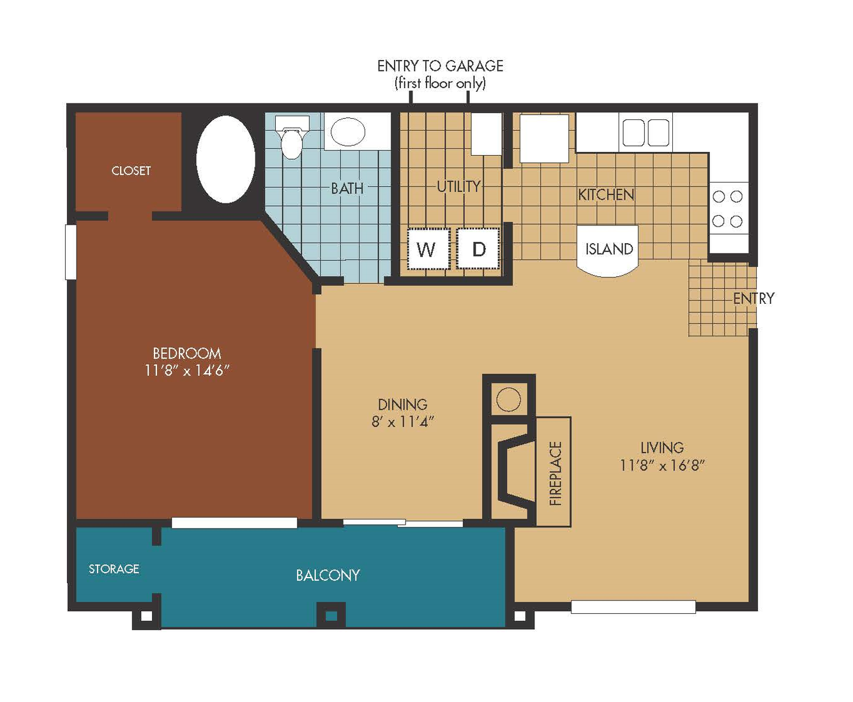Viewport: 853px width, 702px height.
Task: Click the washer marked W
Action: (x=428, y=249)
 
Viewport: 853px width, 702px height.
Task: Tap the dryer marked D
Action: (x=478, y=249)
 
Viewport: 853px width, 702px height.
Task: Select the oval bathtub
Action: (x=225, y=160)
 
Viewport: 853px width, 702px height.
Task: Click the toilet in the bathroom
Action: (x=292, y=137)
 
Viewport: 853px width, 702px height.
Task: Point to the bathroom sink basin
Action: (x=348, y=131)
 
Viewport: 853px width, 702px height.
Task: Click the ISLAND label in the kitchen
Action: (x=609, y=249)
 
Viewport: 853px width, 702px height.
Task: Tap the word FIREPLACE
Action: (x=555, y=473)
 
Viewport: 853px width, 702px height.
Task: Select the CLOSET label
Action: (x=131, y=170)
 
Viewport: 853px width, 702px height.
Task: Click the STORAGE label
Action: (x=114, y=569)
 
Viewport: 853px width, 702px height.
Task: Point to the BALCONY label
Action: (x=328, y=576)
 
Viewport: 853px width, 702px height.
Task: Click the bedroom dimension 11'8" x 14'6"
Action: (x=187, y=370)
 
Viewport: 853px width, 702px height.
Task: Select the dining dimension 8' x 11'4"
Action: (x=402, y=422)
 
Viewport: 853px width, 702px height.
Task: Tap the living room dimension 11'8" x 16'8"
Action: (x=662, y=465)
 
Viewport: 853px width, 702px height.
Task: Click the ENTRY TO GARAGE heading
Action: (x=440, y=66)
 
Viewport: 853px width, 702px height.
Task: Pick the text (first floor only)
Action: (x=440, y=84)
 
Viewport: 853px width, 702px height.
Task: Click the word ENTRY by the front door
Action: (x=753, y=299)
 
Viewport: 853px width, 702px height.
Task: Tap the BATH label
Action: (x=347, y=188)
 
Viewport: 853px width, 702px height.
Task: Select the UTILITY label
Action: (x=458, y=186)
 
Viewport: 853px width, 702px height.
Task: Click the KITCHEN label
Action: (x=606, y=195)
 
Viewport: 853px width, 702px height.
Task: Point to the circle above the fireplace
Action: (x=508, y=400)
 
